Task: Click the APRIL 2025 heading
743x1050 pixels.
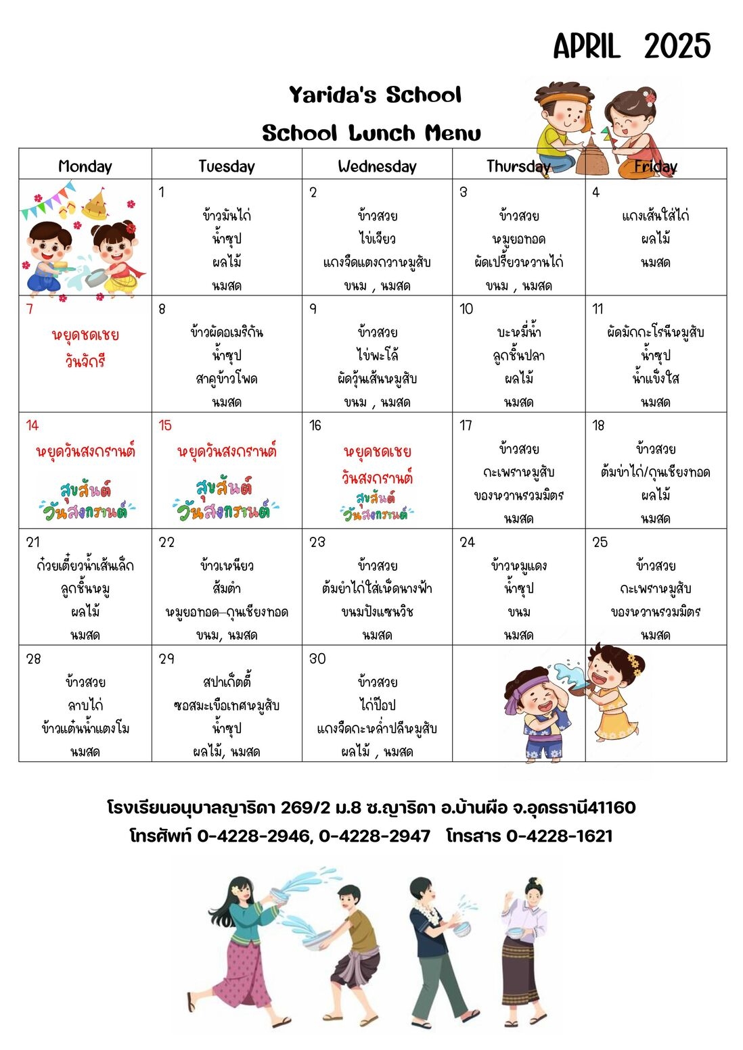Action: [631, 47]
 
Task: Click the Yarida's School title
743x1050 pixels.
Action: [375, 95]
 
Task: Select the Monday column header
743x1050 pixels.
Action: [85, 166]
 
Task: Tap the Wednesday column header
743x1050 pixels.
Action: [377, 166]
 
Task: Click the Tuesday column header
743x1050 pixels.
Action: [227, 166]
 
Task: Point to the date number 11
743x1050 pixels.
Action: [598, 309]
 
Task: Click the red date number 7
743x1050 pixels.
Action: [29, 309]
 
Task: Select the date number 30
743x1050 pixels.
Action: [317, 659]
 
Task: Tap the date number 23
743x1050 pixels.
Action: [317, 542]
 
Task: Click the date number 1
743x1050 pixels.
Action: [162, 192]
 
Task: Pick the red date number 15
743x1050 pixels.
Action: [165, 425]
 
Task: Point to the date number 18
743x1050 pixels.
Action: [598, 425]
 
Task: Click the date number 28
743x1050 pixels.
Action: [33, 659]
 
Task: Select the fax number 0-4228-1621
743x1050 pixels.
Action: [559, 836]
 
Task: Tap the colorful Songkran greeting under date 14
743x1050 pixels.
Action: [85, 501]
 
